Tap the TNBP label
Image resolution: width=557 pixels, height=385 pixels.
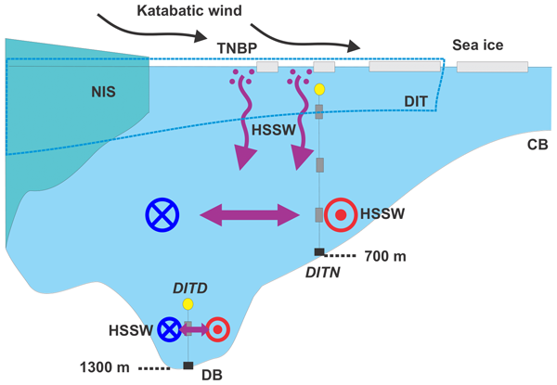pos(236,47)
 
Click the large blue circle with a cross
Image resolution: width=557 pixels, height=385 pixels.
pos(162,215)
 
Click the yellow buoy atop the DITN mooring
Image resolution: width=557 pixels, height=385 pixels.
pos(318,90)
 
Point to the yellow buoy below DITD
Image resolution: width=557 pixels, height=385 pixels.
pos(188,304)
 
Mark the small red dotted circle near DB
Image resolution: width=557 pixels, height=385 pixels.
pos(217,328)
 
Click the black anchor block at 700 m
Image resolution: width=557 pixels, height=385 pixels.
pos(318,252)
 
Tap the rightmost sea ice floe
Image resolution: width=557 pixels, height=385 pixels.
pos(492,67)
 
